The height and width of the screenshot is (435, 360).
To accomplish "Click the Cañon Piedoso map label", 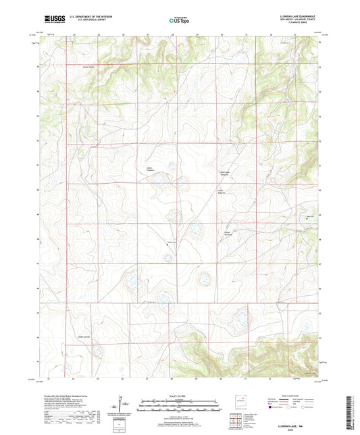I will pyautogui.click(x=151, y=169).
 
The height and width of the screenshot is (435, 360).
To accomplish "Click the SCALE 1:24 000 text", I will pyautogui.click(x=180, y=396).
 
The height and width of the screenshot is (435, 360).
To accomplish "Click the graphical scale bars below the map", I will pyautogui.click(x=180, y=407).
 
